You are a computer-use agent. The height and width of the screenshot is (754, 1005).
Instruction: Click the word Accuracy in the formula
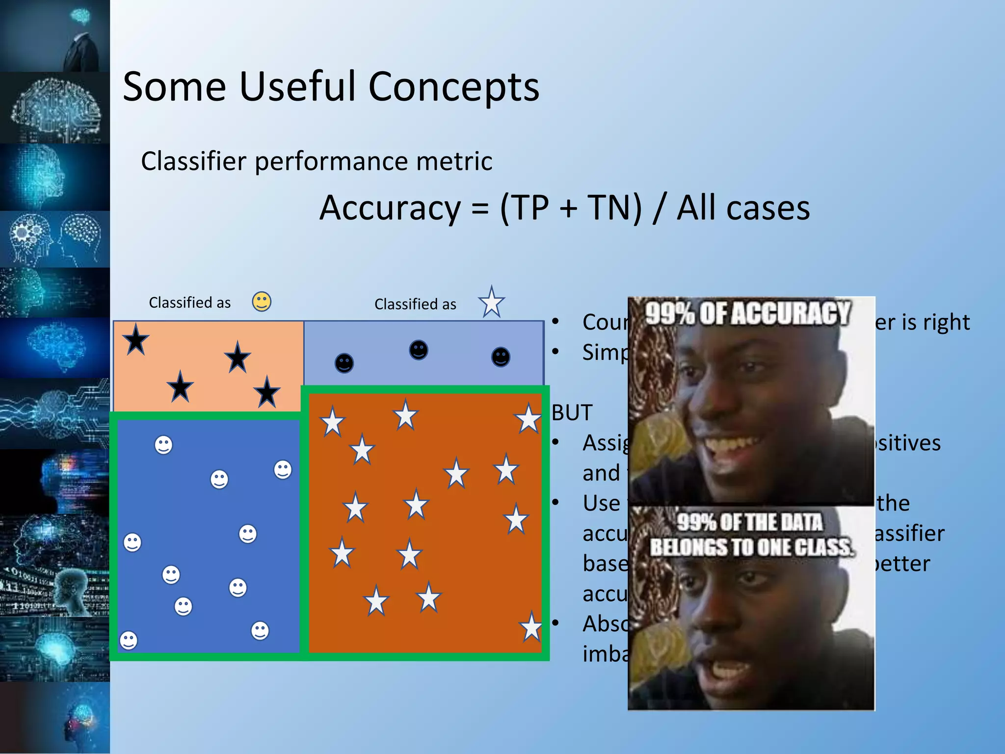point(390,208)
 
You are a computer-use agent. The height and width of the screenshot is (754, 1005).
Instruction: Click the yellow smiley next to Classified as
point(262,301)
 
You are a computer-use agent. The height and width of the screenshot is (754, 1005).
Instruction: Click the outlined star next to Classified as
point(491,302)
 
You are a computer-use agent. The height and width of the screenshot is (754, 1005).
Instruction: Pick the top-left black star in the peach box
point(136,340)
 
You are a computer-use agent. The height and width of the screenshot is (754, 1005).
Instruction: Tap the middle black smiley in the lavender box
point(418,350)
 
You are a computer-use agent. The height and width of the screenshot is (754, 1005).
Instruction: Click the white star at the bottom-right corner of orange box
point(531,628)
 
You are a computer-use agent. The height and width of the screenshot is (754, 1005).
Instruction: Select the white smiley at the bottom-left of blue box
point(129,640)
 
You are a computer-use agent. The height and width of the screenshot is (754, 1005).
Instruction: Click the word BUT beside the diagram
point(572,413)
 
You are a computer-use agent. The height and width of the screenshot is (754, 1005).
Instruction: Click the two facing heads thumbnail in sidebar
point(55,239)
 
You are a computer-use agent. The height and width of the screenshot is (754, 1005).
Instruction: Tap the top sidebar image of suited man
point(55,35)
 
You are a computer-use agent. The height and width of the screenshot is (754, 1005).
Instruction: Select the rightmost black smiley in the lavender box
point(501,357)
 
